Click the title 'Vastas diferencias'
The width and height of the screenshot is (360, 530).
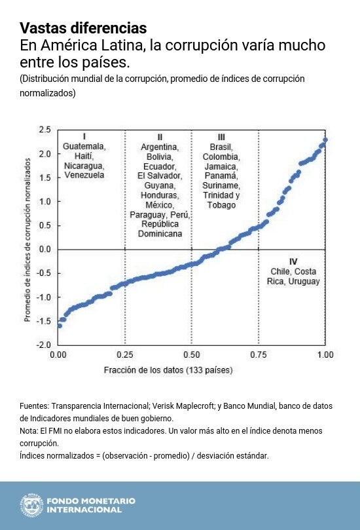coord(83,28)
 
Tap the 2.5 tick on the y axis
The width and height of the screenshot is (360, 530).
coord(45,130)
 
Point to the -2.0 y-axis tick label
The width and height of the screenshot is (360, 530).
coord(44,345)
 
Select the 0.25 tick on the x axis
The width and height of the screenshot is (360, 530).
coord(125,354)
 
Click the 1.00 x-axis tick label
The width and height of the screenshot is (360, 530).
coord(325,354)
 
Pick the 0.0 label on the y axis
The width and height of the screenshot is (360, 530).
coord(45,250)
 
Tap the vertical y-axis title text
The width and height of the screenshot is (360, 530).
coord(27,240)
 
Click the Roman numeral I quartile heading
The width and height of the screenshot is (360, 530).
coord(84,136)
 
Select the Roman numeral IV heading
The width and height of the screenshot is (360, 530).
coord(293,261)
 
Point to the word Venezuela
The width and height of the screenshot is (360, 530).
coord(84,175)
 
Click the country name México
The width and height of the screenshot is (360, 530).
coord(160,205)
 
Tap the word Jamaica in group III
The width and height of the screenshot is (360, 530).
coord(221,166)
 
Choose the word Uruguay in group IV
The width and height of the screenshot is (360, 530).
coord(304,281)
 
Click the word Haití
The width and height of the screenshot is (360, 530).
coord(84,156)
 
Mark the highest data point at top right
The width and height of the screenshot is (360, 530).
coord(325,140)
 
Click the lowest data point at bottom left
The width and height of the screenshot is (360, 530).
coord(60,326)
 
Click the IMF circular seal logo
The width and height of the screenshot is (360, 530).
coord(31,505)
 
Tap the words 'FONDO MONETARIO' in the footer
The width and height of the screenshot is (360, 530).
coord(91,501)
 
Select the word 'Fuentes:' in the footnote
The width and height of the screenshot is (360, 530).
coord(34,406)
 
